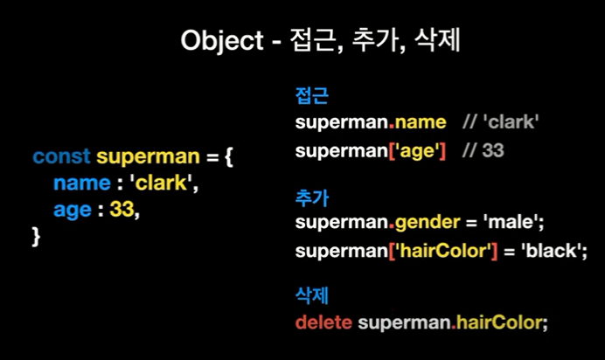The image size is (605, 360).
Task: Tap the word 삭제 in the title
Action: (437, 39)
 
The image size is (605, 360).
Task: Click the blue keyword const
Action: (62, 156)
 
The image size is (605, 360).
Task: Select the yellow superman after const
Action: (148, 157)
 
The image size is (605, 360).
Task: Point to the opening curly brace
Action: (229, 157)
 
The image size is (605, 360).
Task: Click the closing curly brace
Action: (36, 236)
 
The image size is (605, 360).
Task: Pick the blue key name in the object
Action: (82, 183)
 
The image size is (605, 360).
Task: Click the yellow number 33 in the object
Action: (122, 210)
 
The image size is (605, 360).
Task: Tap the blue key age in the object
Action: (73, 211)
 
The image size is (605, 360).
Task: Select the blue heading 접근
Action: (312, 95)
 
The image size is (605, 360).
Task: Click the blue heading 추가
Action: (312, 197)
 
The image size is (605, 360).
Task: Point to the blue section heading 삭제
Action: (312, 295)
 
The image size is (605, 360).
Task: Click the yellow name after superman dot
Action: (421, 122)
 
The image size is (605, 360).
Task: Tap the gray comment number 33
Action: (493, 150)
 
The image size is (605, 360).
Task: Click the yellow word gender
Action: (428, 223)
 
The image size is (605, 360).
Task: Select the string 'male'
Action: (511, 222)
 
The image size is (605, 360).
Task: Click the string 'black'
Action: (552, 251)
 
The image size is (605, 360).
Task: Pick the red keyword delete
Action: (323, 322)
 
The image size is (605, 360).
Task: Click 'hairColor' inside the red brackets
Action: (443, 251)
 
